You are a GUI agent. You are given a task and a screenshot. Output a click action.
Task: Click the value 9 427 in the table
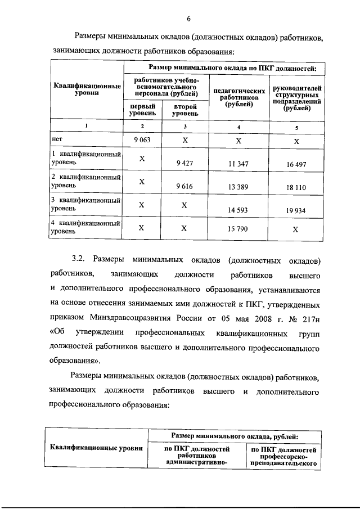[x=184, y=164]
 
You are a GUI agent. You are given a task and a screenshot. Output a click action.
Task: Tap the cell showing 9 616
[x=184, y=186]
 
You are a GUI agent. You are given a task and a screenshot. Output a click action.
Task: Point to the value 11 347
[x=238, y=164]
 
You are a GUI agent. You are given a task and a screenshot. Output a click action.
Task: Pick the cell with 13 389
[x=238, y=187]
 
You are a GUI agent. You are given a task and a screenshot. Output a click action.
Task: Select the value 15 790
[x=238, y=228]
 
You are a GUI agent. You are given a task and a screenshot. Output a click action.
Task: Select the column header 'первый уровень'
[x=142, y=109]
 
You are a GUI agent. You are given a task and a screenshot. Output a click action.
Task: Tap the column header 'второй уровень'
[x=184, y=109]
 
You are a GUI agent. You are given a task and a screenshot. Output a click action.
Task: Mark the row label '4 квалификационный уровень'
[x=85, y=227]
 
